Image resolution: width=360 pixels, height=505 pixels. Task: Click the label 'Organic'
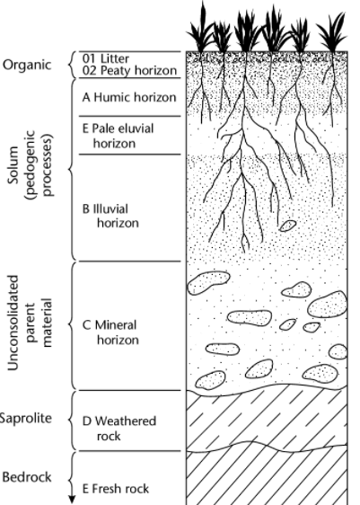pos(27,65)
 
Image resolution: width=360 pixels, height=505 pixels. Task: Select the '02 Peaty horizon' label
pos(129,70)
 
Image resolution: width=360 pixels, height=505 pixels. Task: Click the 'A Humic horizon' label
pos(129,97)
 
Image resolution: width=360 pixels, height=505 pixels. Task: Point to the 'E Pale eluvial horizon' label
pos(119,136)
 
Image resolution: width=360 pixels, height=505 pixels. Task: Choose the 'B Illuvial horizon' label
pos(110,216)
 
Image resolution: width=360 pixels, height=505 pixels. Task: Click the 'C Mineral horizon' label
pos(110,332)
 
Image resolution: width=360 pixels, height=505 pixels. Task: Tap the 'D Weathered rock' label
pos(119,429)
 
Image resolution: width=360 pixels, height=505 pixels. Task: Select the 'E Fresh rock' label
pos(116,489)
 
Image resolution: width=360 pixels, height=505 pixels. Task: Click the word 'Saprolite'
pos(26,418)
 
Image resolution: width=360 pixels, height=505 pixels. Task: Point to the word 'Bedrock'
pos(27,477)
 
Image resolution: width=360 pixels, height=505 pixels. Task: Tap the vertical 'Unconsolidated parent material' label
pos(29,323)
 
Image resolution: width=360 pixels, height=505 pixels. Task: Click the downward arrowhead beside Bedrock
pos(72,500)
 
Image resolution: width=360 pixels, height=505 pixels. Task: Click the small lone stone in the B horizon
pos(287,226)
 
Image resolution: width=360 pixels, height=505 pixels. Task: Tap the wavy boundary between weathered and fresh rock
pos(267,447)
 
